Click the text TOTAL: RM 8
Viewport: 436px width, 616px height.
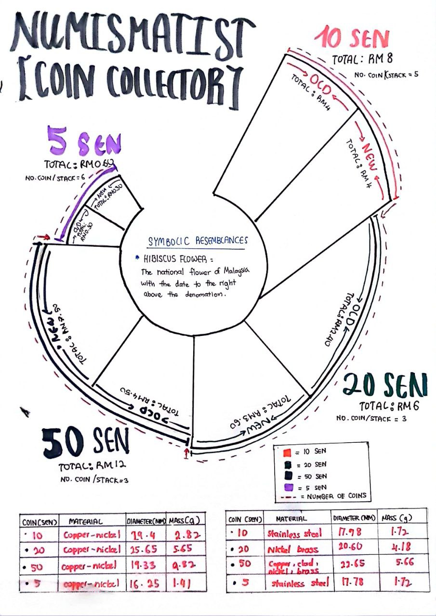(362, 59)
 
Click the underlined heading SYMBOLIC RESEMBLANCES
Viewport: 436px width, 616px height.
(198, 240)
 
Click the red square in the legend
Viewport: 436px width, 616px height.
(287, 452)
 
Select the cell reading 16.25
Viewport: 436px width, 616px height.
(144, 584)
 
